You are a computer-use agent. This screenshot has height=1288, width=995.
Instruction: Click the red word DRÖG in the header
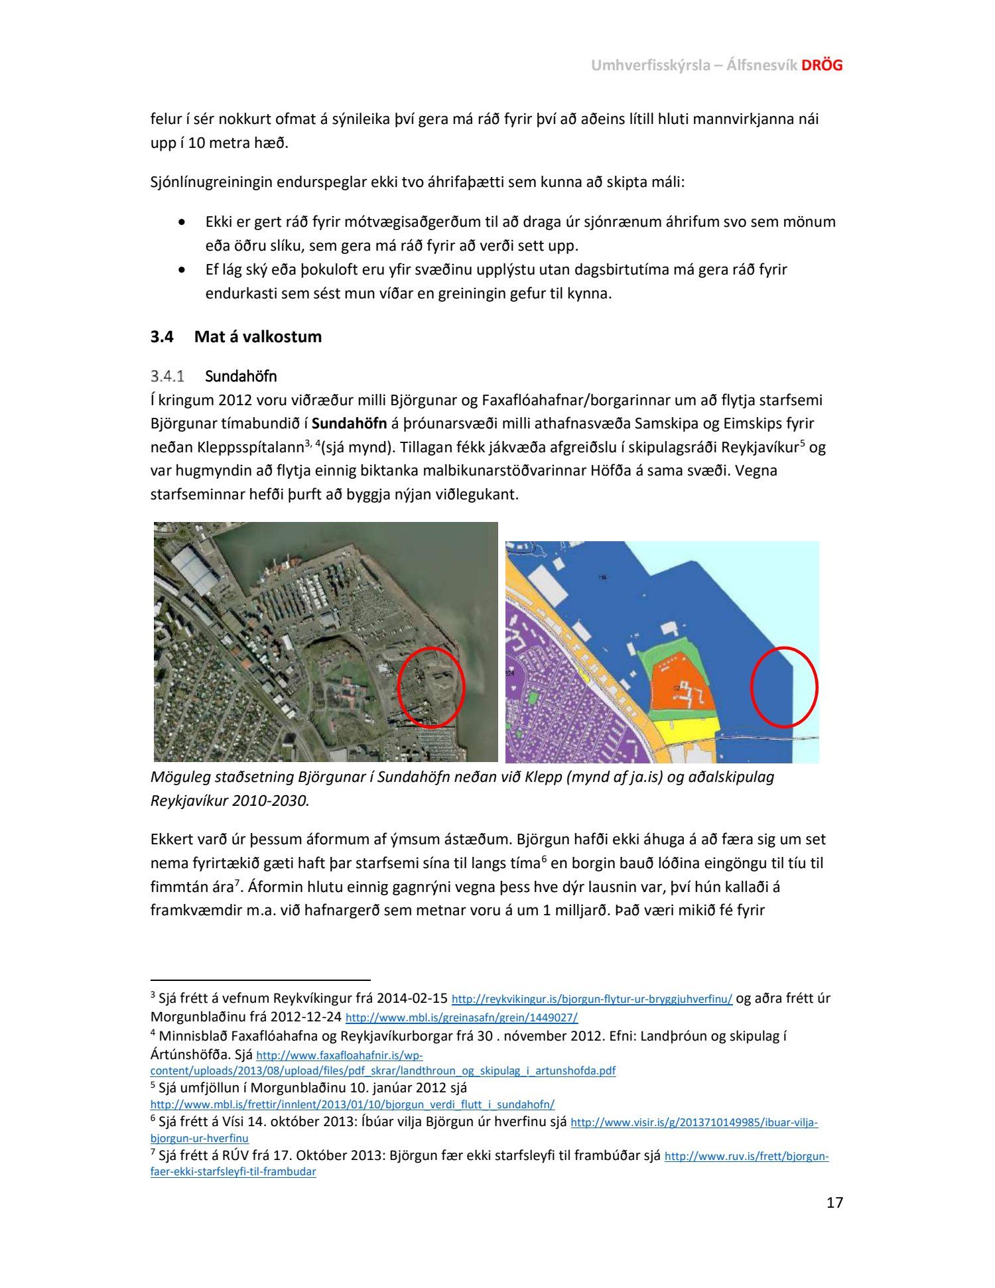point(822,65)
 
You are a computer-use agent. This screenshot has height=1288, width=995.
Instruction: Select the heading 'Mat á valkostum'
point(257,336)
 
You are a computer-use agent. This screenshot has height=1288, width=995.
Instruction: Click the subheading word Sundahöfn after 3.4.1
point(241,376)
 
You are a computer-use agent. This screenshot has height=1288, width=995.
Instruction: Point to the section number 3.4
point(162,336)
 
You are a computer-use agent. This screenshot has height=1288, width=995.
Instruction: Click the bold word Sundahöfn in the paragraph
point(349,423)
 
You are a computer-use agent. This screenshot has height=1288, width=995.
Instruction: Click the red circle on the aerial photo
point(431,687)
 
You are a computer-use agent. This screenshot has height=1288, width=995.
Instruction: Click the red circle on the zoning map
point(784,687)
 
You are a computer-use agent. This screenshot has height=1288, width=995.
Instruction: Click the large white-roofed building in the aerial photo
point(194,569)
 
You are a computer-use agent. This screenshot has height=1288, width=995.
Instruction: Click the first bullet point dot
point(182,222)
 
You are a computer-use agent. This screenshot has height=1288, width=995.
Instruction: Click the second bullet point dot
point(182,270)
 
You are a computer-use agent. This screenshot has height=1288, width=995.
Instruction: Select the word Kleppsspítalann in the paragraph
point(227,448)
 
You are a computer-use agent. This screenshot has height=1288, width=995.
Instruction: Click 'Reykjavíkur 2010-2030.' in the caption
point(230,800)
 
